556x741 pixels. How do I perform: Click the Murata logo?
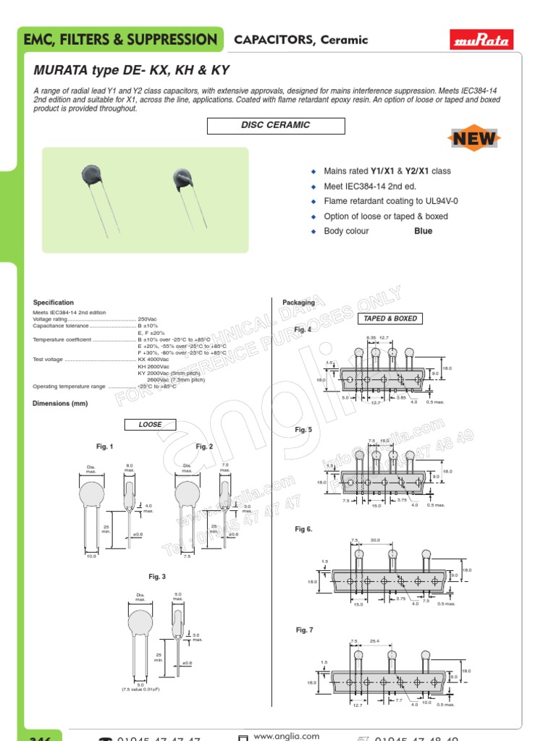pyautogui.click(x=481, y=40)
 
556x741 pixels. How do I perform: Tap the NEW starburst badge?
pyautogui.click(x=474, y=139)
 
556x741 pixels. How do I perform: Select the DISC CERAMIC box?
pyautogui.click(x=276, y=126)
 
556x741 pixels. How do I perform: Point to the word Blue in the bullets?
pyautogui.click(x=423, y=232)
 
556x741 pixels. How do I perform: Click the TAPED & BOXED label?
pyautogui.click(x=390, y=318)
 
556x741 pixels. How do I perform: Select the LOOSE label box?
pyautogui.click(x=151, y=425)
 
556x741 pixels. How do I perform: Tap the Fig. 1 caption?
pyautogui.click(x=105, y=446)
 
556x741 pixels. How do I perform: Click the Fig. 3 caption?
pyautogui.click(x=157, y=577)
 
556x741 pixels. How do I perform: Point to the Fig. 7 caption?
pyautogui.click(x=304, y=630)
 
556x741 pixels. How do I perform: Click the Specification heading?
pyautogui.click(x=54, y=302)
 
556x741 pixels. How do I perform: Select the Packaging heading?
pyautogui.click(x=298, y=302)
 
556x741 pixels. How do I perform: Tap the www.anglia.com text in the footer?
pyautogui.click(x=287, y=736)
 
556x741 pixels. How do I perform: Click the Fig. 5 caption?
pyautogui.click(x=303, y=430)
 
